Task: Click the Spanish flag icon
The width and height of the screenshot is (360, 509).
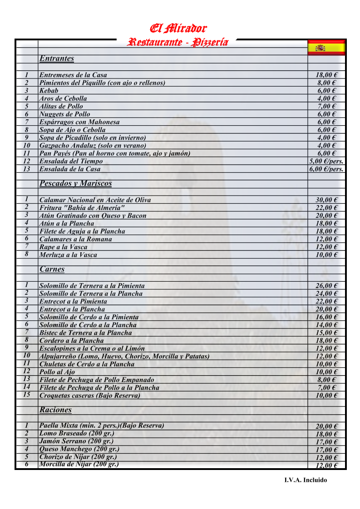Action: [x=326, y=47]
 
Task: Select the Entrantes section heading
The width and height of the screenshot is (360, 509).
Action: [x=57, y=59]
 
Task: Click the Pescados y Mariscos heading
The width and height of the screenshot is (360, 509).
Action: [x=75, y=183]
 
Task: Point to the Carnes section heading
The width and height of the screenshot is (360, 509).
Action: [x=52, y=269]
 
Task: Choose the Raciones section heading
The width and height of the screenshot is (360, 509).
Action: [x=55, y=410]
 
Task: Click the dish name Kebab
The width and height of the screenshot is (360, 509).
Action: [x=49, y=91]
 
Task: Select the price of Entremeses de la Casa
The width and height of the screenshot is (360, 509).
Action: [x=326, y=75]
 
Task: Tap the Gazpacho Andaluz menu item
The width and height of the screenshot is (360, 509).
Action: [x=93, y=146]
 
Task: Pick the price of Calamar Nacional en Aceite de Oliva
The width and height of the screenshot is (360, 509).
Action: [x=326, y=200]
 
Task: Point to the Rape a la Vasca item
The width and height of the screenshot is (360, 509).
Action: [x=63, y=247]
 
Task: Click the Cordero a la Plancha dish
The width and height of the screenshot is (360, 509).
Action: [x=71, y=341]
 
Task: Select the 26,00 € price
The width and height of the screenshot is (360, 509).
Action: [x=326, y=286]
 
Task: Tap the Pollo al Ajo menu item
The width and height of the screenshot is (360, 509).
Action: [x=57, y=372]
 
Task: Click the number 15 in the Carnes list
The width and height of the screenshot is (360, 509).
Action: [x=27, y=395]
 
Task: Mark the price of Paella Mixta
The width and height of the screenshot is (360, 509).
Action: [x=326, y=426]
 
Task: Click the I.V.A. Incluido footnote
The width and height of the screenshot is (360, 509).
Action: [x=306, y=480]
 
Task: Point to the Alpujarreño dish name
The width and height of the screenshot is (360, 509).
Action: [x=124, y=357]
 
